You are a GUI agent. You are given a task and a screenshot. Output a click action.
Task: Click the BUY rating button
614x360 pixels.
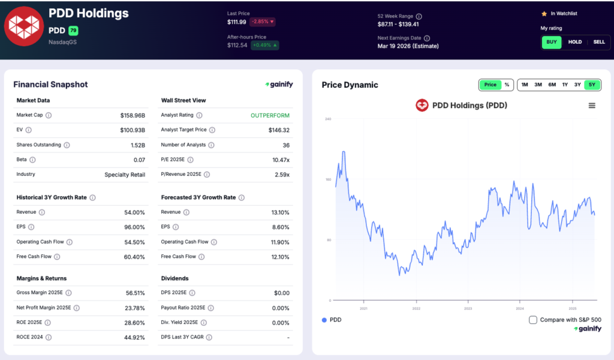click(552, 42)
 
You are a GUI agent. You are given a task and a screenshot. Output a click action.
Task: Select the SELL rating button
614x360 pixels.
click(599, 42)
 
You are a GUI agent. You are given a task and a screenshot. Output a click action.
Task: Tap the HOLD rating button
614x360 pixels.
click(575, 42)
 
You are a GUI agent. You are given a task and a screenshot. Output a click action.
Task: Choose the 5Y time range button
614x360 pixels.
click(592, 85)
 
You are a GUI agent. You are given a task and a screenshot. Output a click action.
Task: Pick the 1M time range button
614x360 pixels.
click(525, 85)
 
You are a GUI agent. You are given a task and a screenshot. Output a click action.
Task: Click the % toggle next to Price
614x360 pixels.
click(507, 85)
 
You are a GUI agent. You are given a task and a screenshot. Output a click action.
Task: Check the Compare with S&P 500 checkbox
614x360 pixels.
click(533, 320)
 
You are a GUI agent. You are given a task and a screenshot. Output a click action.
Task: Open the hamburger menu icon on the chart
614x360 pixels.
click(592, 106)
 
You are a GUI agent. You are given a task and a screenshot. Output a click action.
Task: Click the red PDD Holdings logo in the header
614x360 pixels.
click(23, 26)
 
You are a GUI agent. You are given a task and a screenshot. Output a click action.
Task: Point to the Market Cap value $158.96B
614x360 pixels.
click(133, 115)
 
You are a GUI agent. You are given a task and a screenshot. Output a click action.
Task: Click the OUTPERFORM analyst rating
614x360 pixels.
click(270, 115)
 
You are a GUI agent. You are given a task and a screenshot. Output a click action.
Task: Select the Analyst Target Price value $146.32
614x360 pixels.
click(279, 130)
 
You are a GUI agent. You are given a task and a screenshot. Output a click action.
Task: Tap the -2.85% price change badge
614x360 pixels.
click(263, 22)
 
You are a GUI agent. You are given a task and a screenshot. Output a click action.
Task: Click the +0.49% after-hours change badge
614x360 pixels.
click(264, 45)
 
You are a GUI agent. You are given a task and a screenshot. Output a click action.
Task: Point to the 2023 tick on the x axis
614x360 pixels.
click(468, 308)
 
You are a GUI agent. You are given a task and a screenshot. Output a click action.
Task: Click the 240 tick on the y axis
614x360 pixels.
click(328, 119)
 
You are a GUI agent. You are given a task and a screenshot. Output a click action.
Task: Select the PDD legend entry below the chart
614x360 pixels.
click(332, 320)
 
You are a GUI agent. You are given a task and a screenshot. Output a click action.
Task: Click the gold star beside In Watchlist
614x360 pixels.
click(544, 13)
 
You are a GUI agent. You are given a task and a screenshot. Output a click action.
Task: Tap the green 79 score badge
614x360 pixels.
click(73, 31)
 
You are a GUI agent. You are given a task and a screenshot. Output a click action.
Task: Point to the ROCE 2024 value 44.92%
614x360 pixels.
click(134, 337)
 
